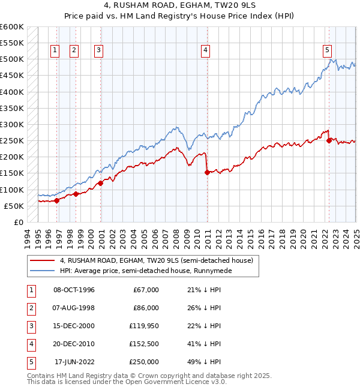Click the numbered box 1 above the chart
pos(55,50)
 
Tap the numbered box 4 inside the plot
pos(205,50)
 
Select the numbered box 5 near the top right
pos(327,50)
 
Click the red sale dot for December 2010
pos(207,172)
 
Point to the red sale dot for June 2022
pos(329,141)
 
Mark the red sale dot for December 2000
pos(100,183)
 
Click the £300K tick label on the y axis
pos(13,125)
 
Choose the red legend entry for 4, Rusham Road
pos(157,260)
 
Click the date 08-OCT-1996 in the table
pos(74,290)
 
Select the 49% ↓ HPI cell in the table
pos(205,362)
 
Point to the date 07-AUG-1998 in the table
pos(74,308)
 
